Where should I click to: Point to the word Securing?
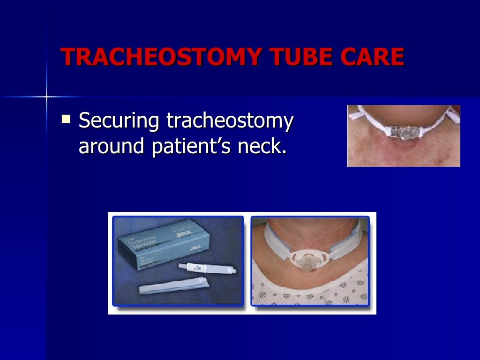click(x=119, y=121)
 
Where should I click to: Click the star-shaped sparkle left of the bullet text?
click(x=46, y=97)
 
